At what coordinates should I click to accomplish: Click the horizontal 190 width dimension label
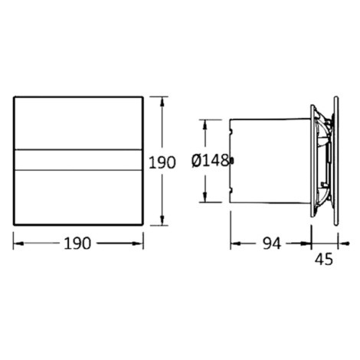coord(77,244)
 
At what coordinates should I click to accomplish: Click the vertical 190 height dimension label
coord(162,162)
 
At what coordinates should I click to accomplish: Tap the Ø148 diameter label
coord(210,161)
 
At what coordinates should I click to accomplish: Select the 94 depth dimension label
coord(272,244)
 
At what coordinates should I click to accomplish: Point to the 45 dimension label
coord(324,260)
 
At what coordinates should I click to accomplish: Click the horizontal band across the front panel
coord(78,160)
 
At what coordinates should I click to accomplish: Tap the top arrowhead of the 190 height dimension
coord(162,102)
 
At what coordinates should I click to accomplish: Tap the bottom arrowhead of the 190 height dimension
coord(162,221)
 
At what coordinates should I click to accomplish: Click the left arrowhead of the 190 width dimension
coord(18,244)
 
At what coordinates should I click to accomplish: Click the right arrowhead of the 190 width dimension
coord(138,244)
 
